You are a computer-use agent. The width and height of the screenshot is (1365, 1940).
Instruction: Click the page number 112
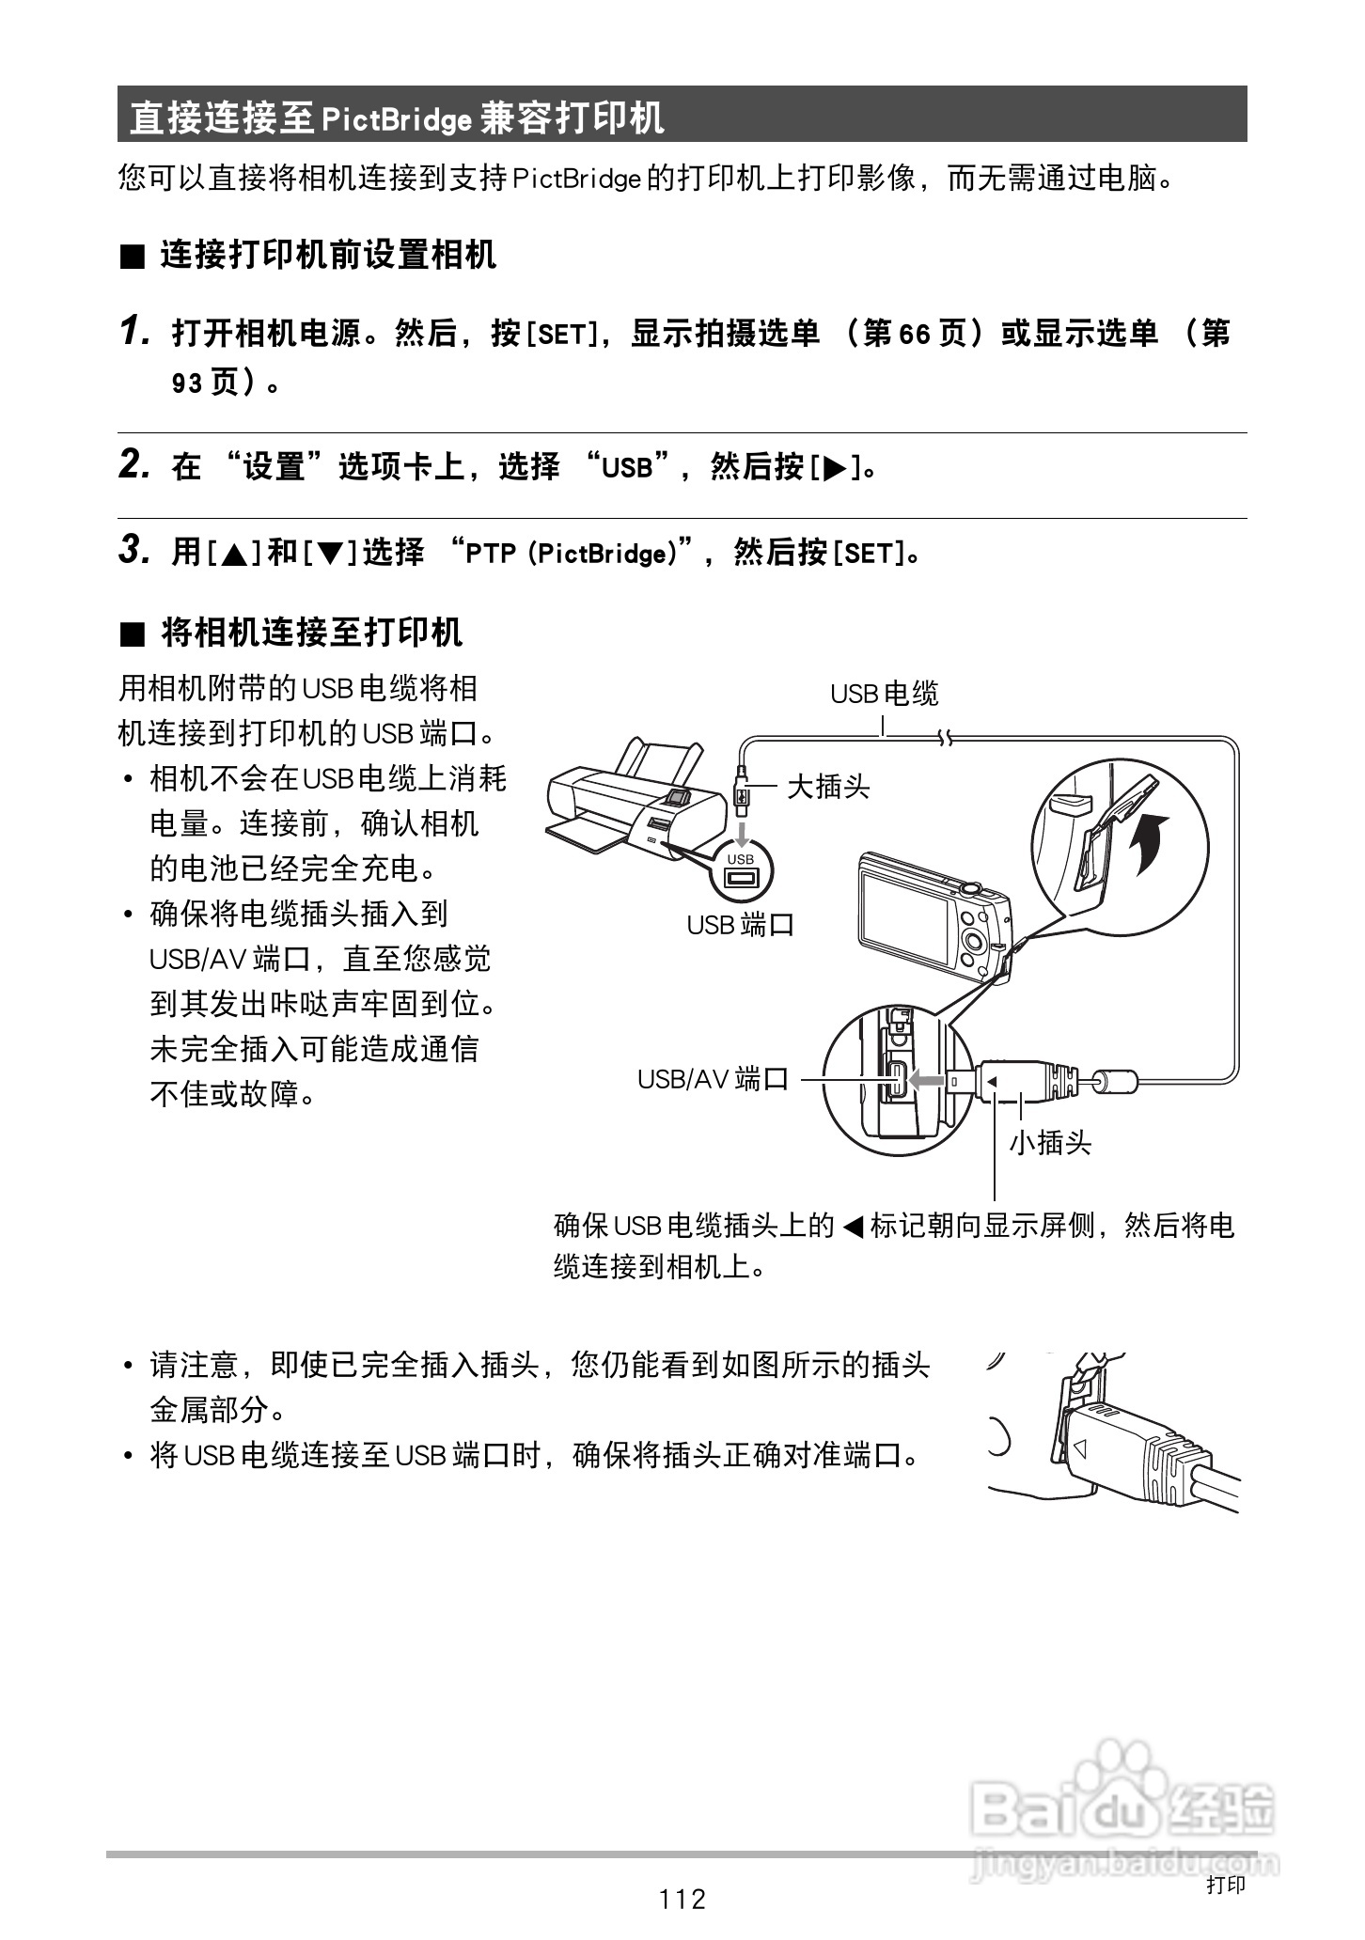pyautogui.click(x=682, y=1899)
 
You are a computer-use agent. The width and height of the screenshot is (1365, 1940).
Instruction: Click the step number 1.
pyautogui.click(x=134, y=331)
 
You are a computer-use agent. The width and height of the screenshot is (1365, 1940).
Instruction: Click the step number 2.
pyautogui.click(x=134, y=464)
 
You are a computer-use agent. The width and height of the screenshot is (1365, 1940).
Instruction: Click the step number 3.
pyautogui.click(x=134, y=550)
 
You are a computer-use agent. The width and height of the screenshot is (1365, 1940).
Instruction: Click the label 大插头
pyautogui.click(x=828, y=786)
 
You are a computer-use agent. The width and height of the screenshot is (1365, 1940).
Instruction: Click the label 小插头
pyautogui.click(x=1050, y=1143)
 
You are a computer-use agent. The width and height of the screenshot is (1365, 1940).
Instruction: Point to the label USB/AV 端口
pyautogui.click(x=713, y=1079)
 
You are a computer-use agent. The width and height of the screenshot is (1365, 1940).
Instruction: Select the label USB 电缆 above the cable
pyautogui.click(x=884, y=695)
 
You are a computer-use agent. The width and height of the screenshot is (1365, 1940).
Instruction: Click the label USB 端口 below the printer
pyautogui.click(x=741, y=925)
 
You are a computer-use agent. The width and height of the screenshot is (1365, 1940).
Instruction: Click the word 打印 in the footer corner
pyautogui.click(x=1225, y=1884)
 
